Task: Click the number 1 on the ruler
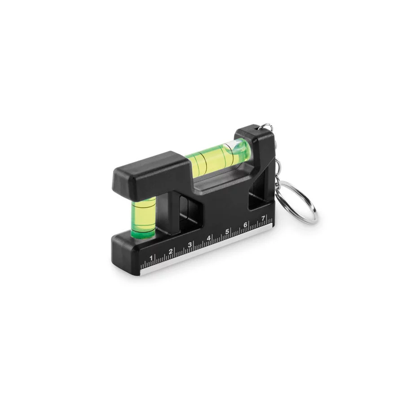[151, 258]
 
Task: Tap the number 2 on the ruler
[171, 251]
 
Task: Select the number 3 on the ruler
[190, 244]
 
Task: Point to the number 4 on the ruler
[208, 238]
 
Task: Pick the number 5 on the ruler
[227, 231]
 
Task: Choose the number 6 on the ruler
[245, 225]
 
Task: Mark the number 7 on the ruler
[263, 218]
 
